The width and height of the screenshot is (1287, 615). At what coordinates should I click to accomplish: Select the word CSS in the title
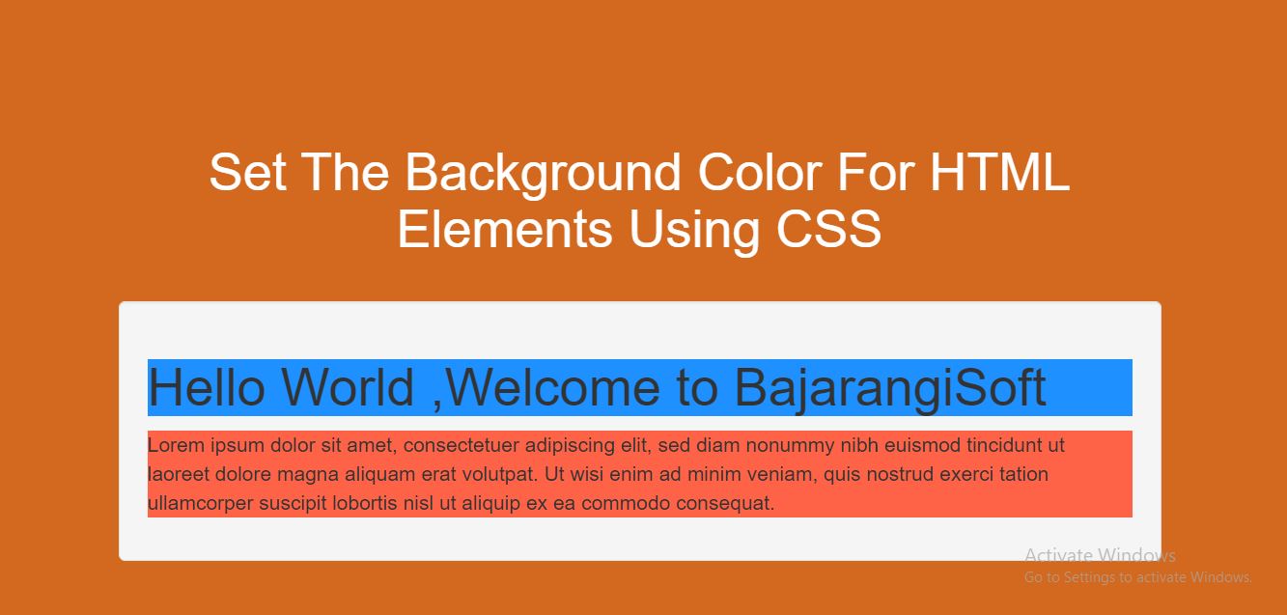(828, 229)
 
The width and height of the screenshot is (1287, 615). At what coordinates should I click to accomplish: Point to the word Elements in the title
(505, 229)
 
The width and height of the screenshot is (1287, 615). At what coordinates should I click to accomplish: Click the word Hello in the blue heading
(207, 387)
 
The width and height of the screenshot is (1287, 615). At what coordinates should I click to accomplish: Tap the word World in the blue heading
(348, 387)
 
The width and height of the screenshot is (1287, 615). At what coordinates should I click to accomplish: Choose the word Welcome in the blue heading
(552, 388)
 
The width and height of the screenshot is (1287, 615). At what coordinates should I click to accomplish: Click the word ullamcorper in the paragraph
(201, 504)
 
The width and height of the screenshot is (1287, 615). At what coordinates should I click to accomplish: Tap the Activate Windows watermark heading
(1101, 555)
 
